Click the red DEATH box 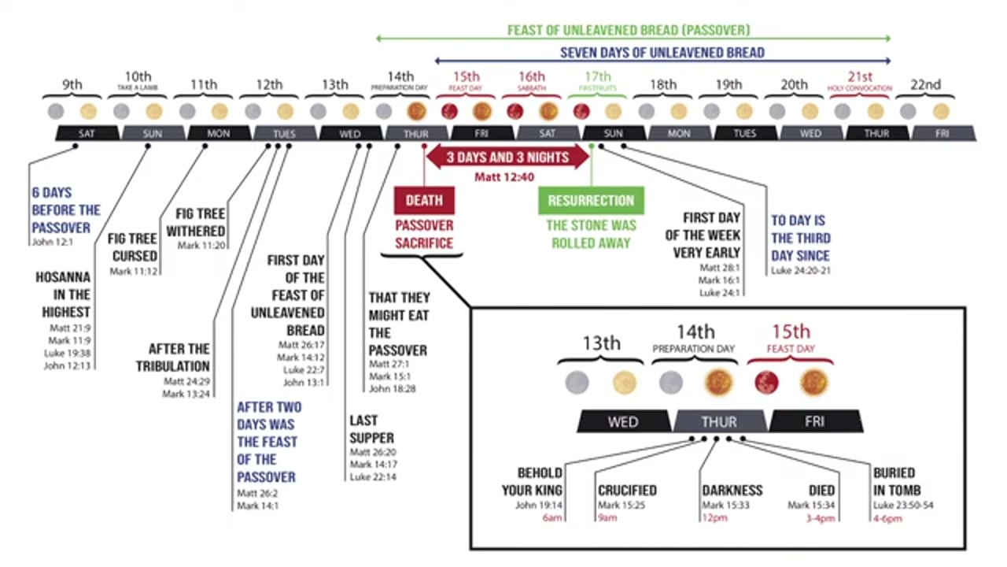click(x=423, y=200)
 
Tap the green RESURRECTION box click(x=591, y=200)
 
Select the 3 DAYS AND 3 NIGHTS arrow click(x=507, y=157)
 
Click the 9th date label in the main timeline click(x=72, y=84)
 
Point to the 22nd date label click(x=925, y=84)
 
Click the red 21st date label click(x=860, y=77)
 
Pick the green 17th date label click(x=597, y=77)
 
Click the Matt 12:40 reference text click(x=504, y=178)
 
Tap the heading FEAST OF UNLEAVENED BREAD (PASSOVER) click(x=628, y=31)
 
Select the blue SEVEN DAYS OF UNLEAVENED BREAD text click(x=662, y=53)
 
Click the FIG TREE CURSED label click(x=134, y=247)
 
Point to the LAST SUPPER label click(x=371, y=429)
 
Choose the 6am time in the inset click(x=552, y=517)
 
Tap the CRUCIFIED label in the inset click(x=627, y=490)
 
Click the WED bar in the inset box click(x=622, y=422)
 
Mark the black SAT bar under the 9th click(x=87, y=134)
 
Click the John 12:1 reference click(x=52, y=242)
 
